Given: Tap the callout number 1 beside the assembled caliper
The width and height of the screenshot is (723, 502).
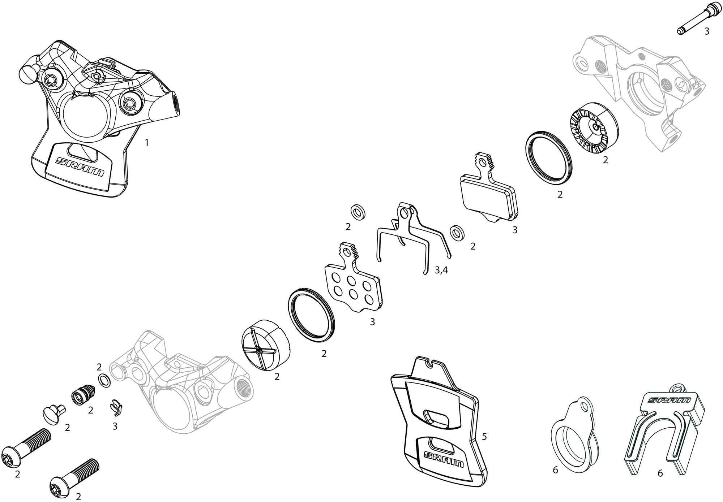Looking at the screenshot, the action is (x=146, y=143).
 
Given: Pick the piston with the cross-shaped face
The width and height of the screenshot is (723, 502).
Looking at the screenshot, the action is (x=266, y=345).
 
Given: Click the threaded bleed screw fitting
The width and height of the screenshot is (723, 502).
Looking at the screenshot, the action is (x=84, y=394).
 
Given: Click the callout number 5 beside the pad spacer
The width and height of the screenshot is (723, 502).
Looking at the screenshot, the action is (x=484, y=436).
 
